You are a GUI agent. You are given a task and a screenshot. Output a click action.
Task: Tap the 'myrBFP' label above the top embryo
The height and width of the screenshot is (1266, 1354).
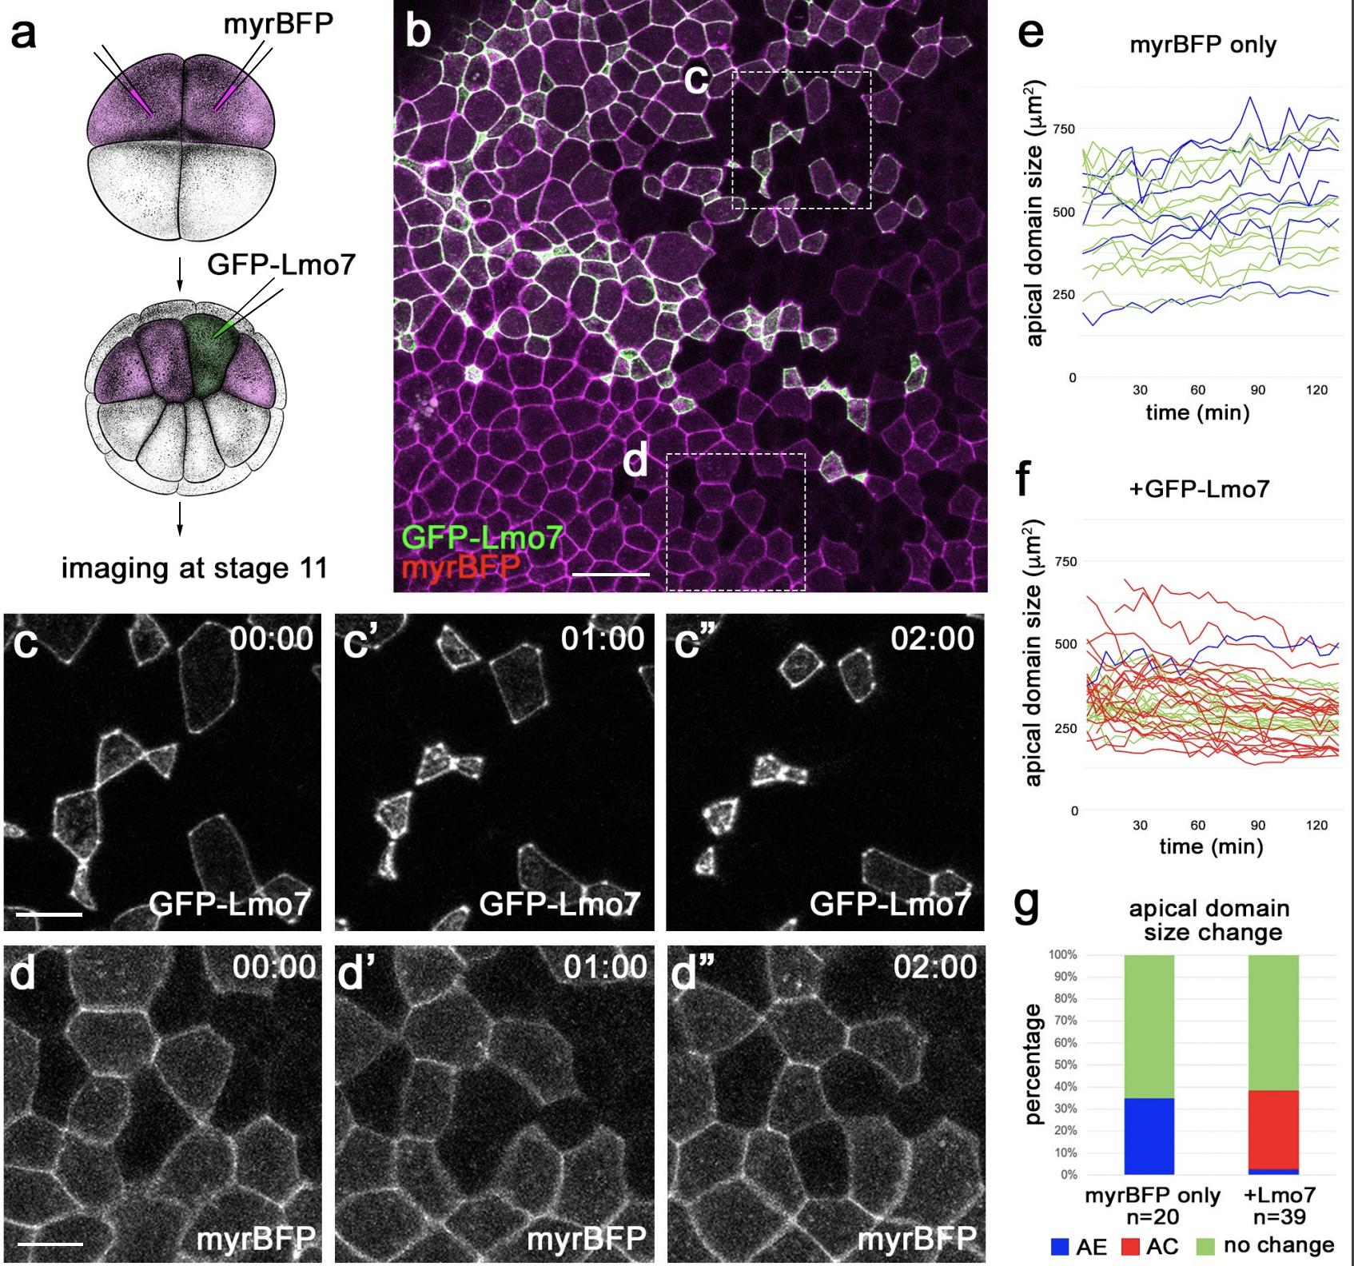pyautogui.click(x=277, y=24)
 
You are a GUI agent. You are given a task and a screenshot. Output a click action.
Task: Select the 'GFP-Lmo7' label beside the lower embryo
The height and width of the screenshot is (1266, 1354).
pyautogui.click(x=281, y=263)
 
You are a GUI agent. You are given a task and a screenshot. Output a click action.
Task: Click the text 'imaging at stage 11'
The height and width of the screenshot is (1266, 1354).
pyautogui.click(x=194, y=567)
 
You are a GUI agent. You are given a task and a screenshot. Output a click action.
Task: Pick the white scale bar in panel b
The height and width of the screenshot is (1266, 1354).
pyautogui.click(x=611, y=574)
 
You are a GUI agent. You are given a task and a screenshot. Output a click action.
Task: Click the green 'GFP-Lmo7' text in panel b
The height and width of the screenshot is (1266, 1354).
pyautogui.click(x=482, y=537)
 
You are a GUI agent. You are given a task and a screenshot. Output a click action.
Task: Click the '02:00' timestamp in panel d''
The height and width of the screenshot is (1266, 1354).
pyautogui.click(x=934, y=968)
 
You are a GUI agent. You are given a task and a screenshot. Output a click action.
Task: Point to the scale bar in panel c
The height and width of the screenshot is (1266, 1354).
pyautogui.click(x=49, y=913)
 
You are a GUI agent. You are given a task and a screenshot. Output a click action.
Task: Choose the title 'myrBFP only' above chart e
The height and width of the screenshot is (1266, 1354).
pyautogui.click(x=1202, y=45)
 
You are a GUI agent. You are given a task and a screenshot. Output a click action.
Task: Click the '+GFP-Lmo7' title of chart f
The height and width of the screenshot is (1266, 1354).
pyautogui.click(x=1199, y=488)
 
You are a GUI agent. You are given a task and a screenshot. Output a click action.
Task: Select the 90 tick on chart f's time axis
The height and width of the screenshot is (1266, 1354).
pyautogui.click(x=1257, y=825)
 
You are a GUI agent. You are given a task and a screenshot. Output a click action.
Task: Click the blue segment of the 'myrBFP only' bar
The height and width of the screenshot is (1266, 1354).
pyautogui.click(x=1149, y=1136)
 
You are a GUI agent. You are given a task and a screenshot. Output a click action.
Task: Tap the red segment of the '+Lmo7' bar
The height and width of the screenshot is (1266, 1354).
pyautogui.click(x=1273, y=1129)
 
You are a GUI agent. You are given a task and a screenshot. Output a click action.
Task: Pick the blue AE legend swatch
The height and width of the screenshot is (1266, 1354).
pyautogui.click(x=1060, y=1246)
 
